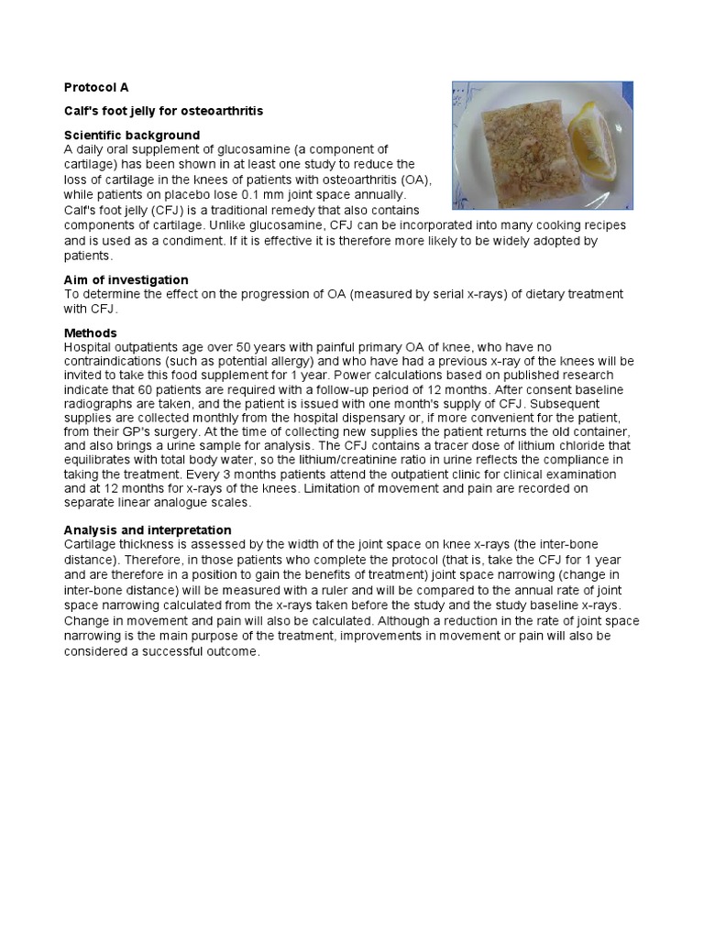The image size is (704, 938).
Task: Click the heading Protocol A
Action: coord(96,87)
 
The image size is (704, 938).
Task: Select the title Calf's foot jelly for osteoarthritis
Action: coord(163,111)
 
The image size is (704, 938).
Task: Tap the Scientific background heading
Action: coord(131,135)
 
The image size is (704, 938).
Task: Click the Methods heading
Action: coord(90,333)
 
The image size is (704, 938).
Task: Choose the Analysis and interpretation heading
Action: coord(147,529)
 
